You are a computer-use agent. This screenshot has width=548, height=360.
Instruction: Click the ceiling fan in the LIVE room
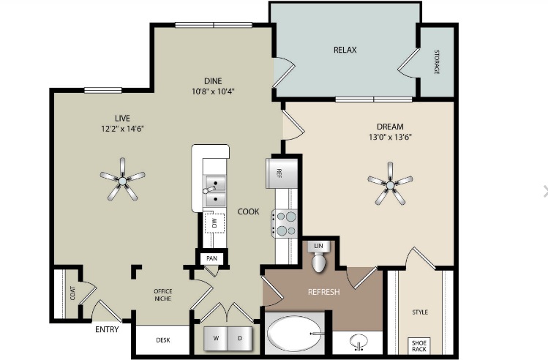pos(122,181)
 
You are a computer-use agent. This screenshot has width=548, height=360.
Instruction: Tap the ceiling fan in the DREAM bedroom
pos(390,184)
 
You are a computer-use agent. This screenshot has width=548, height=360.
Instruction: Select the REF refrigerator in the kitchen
pos(279,173)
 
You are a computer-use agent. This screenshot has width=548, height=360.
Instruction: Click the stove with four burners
pos(285,224)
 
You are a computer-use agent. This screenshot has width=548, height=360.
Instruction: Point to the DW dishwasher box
pos(214,222)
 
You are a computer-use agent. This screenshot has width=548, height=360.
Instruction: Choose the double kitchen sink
pos(214,191)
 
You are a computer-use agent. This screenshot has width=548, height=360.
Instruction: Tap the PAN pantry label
pos(211,258)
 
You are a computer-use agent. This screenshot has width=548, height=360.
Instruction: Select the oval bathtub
pos(295,334)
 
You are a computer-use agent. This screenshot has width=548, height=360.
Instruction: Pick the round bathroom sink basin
pos(359,341)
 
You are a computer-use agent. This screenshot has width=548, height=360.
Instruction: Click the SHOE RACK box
pos(418,345)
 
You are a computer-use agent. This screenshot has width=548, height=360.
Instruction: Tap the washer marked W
pos(216,338)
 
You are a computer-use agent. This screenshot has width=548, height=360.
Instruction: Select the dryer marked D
pos(240,338)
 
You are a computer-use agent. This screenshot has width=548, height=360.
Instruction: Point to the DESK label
pos(163,340)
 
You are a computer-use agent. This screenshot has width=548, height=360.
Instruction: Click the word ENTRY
pos(107,329)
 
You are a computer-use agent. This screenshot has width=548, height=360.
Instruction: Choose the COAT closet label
pos(72,293)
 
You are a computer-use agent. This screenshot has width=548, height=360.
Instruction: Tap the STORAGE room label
pos(437,62)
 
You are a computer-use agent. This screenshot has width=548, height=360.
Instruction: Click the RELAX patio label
pos(345,50)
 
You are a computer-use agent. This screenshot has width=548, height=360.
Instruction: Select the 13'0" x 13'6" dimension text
pos(390,137)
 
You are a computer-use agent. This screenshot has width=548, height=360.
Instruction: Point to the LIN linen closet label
pos(318,246)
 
